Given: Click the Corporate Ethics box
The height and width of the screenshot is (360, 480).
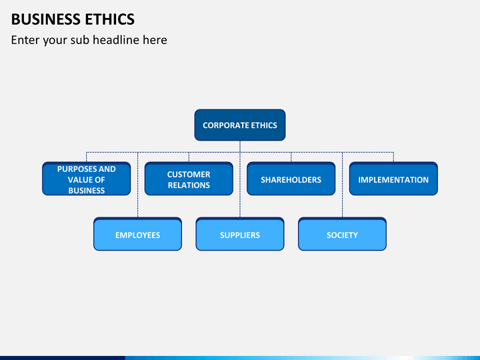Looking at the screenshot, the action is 240,125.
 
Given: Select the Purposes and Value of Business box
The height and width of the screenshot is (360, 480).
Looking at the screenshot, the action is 86,179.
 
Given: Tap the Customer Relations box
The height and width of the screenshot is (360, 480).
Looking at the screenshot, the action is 189,179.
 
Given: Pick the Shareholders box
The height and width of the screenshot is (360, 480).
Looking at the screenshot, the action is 291,179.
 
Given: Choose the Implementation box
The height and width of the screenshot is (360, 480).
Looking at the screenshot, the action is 393,179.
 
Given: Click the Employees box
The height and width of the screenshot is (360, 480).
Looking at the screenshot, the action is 138,234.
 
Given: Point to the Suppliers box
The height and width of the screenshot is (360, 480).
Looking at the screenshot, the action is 240,234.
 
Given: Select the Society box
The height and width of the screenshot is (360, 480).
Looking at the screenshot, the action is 342,234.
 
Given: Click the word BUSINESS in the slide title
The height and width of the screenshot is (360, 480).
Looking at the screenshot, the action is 45,19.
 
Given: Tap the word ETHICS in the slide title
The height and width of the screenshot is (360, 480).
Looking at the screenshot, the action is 109,19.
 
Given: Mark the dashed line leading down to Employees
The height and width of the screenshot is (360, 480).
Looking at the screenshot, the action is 138,185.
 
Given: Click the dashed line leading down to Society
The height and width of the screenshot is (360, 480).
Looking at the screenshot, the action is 342,185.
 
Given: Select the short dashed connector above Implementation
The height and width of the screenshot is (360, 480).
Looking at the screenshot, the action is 393,157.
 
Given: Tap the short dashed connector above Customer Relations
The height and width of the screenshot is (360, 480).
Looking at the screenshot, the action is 189,157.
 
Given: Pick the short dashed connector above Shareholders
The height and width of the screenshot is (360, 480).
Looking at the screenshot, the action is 291,157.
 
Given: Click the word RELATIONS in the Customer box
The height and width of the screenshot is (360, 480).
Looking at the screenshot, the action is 189,185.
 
